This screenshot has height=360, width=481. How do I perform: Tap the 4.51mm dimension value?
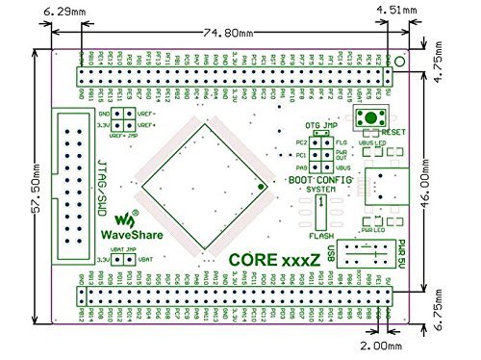[397, 13]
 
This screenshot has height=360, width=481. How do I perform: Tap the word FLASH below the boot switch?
[321, 235]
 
